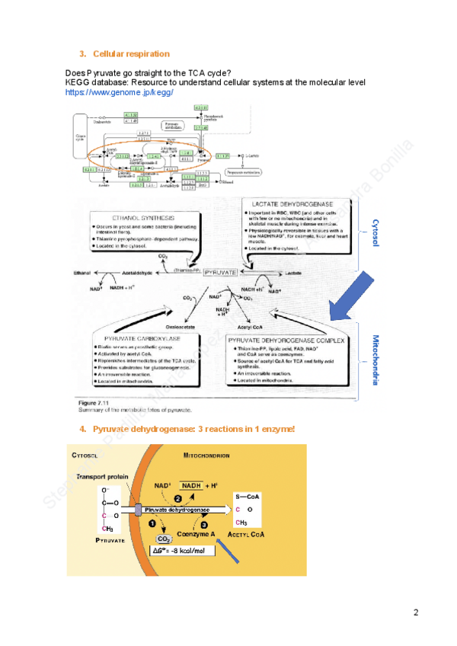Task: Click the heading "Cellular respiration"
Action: click(131, 54)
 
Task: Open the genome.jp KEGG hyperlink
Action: click(120, 92)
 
